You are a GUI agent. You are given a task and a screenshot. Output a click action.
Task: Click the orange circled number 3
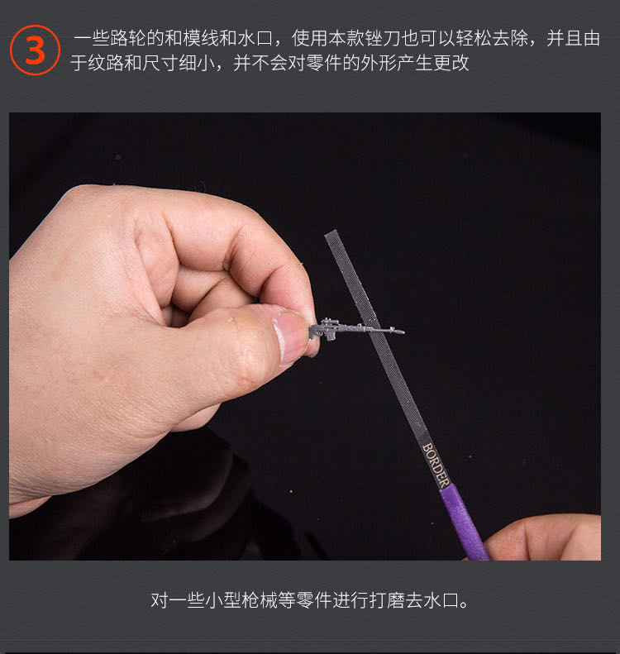35,50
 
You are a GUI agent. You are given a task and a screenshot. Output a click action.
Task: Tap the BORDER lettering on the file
436,465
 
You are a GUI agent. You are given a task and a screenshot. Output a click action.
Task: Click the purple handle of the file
464,523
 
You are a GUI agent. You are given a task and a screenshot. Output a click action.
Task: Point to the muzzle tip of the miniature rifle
403,332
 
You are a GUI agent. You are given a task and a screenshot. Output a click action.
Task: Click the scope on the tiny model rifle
330,321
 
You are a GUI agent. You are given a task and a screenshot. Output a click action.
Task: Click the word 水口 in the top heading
255,39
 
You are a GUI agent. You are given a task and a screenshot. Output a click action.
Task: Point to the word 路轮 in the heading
128,39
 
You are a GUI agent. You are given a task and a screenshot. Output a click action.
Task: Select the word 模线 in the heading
201,39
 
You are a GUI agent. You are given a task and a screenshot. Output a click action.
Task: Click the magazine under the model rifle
331,336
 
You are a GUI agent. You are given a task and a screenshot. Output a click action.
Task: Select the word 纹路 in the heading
106,64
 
